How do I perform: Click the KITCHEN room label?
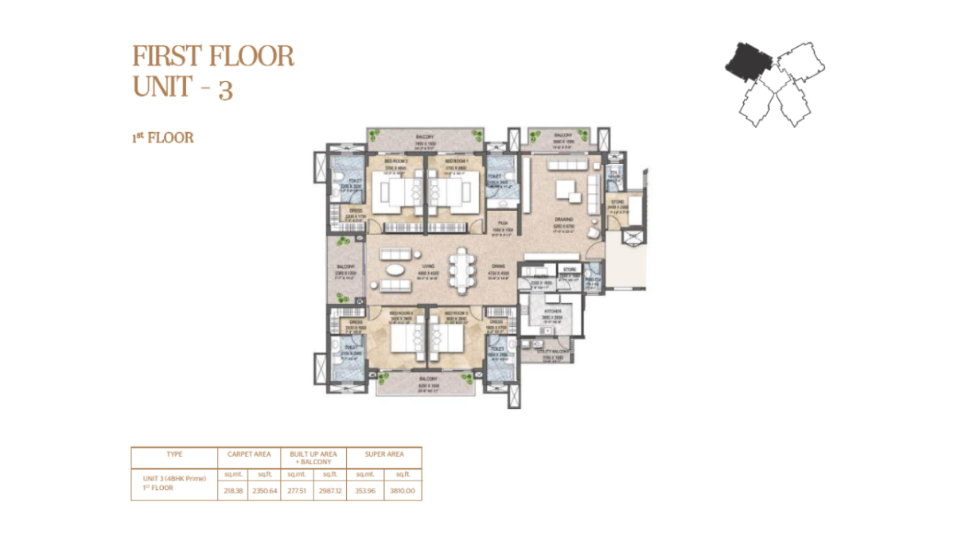552,312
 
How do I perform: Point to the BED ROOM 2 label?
395,161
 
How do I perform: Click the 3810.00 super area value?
403,491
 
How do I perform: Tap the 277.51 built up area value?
295,491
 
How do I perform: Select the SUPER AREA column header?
384,454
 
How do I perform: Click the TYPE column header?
174,454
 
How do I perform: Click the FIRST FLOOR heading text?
213,56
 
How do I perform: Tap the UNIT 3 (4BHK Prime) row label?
169,477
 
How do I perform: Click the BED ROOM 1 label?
454,161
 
